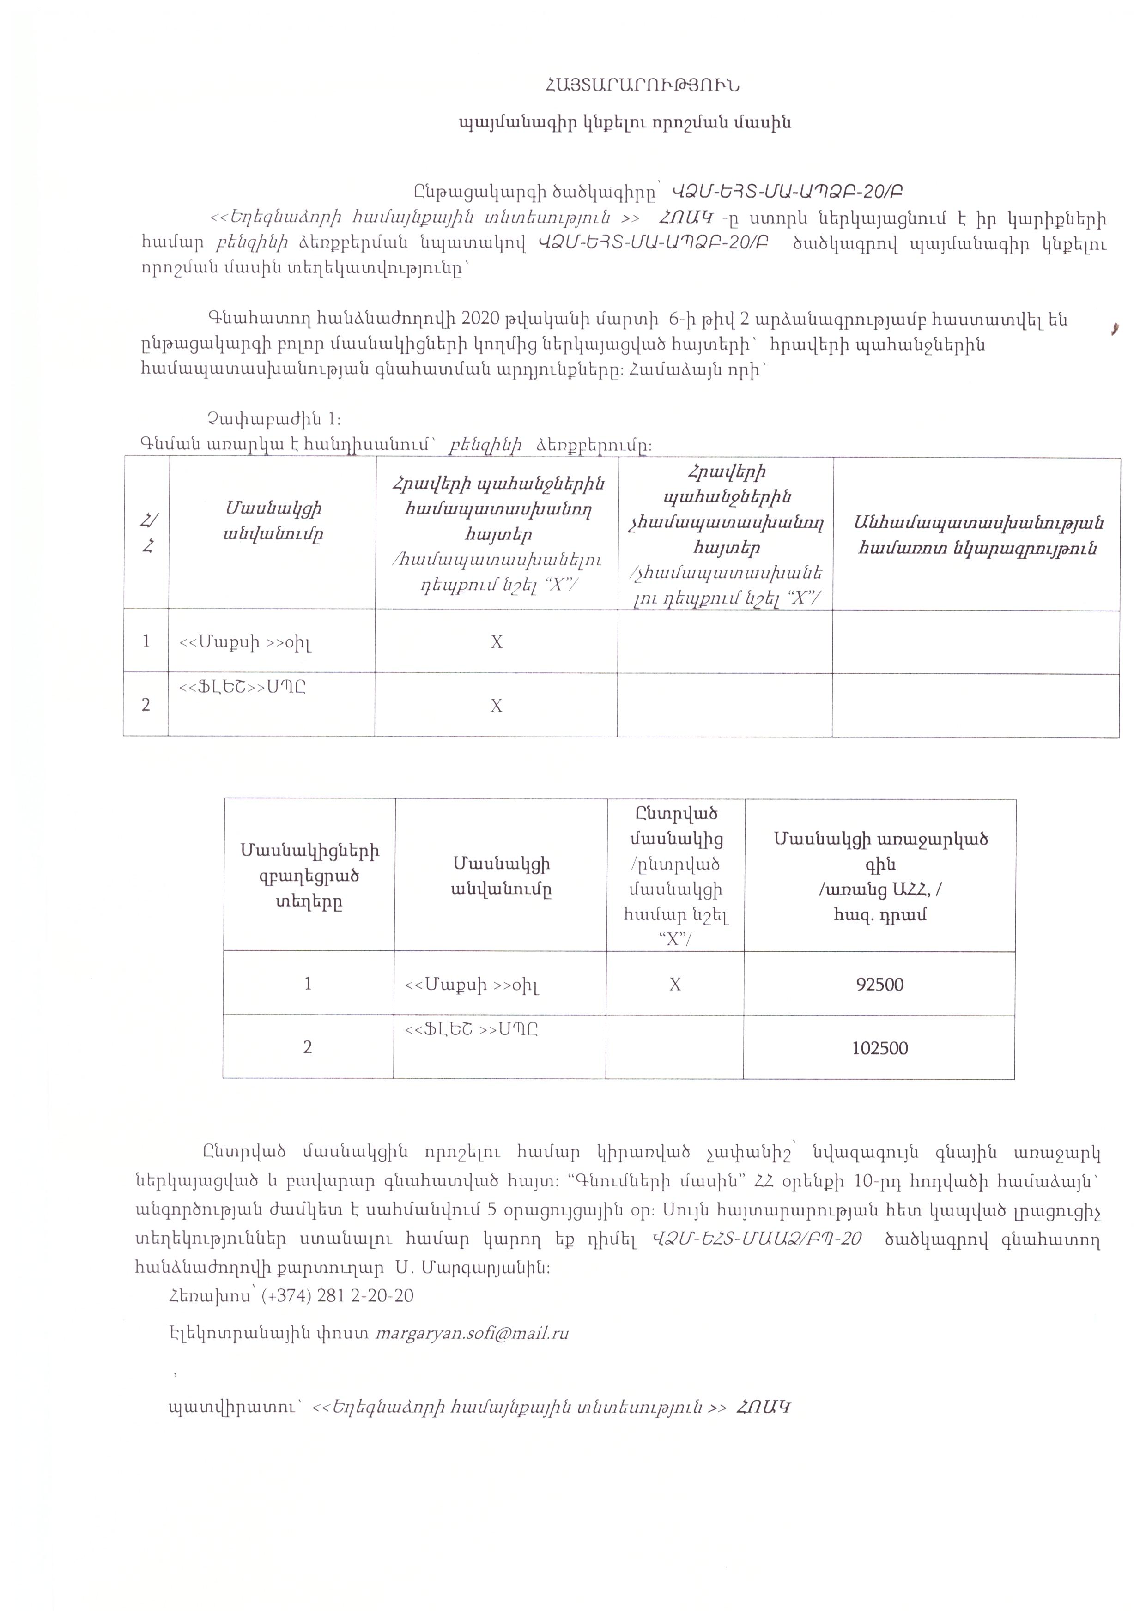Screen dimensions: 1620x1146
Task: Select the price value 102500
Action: click(879, 1048)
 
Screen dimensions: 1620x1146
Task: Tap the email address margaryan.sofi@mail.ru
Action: click(472, 1334)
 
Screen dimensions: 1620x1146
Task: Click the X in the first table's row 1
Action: click(497, 641)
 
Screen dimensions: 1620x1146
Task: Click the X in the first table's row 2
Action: click(497, 706)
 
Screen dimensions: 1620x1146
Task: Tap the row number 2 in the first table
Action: click(146, 705)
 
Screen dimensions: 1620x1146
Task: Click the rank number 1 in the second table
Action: click(308, 984)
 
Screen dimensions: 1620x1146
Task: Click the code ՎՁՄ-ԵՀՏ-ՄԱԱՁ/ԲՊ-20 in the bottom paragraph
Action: click(757, 1239)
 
